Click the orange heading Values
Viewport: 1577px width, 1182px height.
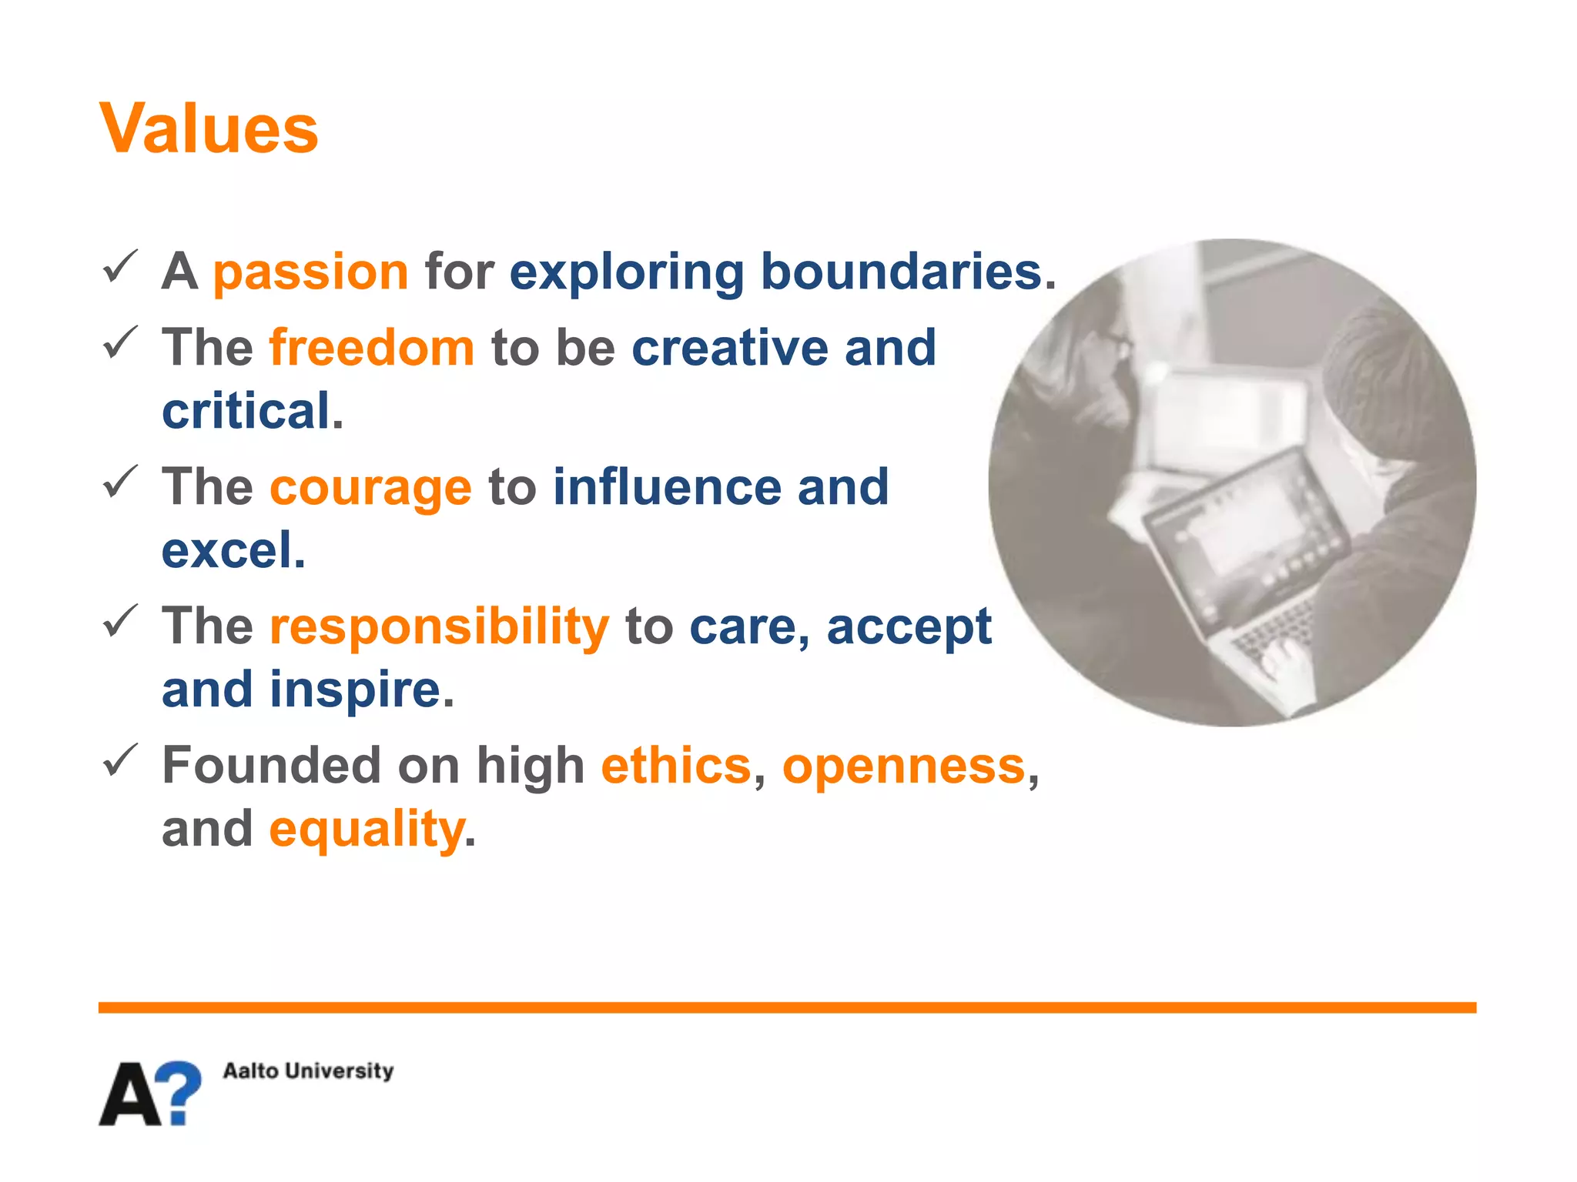(x=209, y=129)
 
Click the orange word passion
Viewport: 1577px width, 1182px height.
(x=310, y=272)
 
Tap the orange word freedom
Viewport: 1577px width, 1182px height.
(x=372, y=348)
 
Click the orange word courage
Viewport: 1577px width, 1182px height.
(x=370, y=488)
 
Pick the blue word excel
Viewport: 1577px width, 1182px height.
(x=228, y=550)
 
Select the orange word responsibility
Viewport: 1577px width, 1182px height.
(x=439, y=626)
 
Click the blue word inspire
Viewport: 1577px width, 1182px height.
(x=355, y=689)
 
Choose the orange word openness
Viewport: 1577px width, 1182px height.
(x=904, y=766)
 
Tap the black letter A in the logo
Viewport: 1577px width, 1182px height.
(x=131, y=1095)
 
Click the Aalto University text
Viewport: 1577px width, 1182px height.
(x=308, y=1070)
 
